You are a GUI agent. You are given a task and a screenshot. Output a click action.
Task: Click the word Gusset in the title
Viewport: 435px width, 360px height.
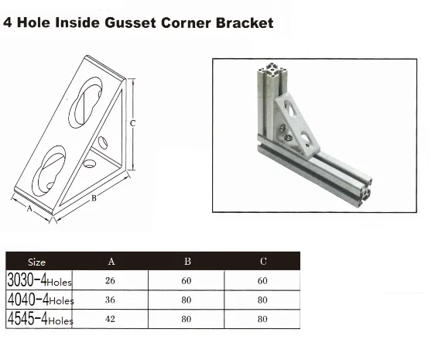pos(130,22)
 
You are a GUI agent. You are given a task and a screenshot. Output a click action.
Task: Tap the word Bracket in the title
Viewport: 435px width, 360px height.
pos(245,22)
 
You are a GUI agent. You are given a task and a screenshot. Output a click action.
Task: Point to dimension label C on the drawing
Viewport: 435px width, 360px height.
pos(132,123)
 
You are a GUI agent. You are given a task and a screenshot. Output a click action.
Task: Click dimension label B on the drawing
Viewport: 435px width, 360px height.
pos(94,198)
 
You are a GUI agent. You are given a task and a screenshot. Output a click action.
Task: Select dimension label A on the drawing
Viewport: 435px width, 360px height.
pos(29,208)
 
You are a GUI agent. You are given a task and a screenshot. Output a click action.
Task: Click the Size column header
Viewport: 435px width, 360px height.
pos(36,262)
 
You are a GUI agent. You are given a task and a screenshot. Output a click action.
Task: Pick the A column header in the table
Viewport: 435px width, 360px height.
pos(111,261)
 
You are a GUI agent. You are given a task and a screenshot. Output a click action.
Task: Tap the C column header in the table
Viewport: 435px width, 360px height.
pos(263,261)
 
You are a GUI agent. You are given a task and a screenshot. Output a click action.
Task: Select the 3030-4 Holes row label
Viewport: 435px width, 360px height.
pos(39,279)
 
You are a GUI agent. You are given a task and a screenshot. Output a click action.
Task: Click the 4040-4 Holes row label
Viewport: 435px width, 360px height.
pos(40,299)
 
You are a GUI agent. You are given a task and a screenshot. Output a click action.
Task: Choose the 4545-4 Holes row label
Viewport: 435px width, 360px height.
pos(40,318)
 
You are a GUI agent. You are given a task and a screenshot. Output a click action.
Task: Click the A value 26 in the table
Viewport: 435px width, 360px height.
pos(110,280)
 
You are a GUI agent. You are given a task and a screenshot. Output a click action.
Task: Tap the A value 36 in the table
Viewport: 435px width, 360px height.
pos(110,300)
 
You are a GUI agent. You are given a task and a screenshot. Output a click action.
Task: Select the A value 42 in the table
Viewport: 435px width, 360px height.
pos(110,319)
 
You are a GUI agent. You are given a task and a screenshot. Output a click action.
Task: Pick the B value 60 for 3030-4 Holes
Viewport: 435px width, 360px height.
pos(187,280)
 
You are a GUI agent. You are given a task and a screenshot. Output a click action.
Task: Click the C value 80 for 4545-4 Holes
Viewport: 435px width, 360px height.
pos(262,319)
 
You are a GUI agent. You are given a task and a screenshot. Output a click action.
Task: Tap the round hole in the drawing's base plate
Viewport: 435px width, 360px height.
pos(90,164)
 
